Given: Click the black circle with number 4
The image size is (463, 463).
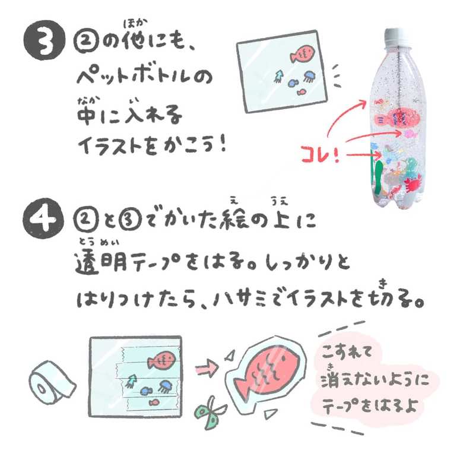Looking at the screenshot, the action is click(43, 218).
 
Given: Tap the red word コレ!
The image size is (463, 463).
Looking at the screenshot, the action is click(321, 154).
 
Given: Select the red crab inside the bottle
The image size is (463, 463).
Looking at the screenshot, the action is click(412, 184).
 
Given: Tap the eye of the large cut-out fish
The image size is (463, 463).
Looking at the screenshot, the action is click(283, 359).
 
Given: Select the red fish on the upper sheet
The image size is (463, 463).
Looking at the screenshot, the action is click(302, 54).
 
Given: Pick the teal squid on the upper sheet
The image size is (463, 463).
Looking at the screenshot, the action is click(278, 76).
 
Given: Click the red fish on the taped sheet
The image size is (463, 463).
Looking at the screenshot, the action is click(161, 360).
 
